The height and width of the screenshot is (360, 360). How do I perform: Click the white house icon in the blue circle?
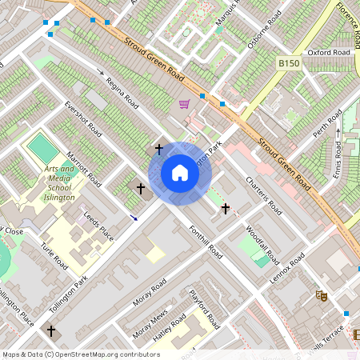point(180,173)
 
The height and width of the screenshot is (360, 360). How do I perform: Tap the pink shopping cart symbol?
point(185,104)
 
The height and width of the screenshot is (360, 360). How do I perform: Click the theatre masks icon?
point(322,295)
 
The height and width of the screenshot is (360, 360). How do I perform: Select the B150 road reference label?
point(289,62)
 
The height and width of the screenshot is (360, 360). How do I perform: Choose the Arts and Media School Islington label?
point(55,183)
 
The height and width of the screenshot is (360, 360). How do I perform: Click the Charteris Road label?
point(264,195)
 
